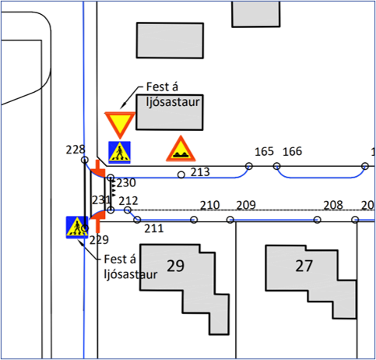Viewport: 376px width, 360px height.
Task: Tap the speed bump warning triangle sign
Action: point(181,150)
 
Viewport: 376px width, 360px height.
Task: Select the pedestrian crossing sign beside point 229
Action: point(77,227)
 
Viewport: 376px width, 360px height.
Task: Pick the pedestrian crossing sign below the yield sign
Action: point(119,153)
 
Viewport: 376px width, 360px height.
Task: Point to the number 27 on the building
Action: point(304,266)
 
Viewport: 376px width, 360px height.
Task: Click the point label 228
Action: point(76,150)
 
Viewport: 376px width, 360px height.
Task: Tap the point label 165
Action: point(264,151)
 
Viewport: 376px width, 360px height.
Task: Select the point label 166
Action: point(292,151)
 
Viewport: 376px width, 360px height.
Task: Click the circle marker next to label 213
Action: point(181,175)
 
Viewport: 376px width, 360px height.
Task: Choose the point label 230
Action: point(126,183)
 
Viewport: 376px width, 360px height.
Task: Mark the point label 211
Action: point(154,228)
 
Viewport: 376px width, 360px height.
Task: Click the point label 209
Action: point(246,205)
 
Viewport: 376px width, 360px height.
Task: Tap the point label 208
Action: point(333,205)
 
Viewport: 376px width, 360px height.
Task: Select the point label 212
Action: point(128,201)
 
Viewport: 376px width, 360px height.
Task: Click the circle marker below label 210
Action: point(194,220)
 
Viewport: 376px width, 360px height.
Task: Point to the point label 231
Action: point(101,200)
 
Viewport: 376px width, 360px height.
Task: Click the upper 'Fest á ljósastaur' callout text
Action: point(173,94)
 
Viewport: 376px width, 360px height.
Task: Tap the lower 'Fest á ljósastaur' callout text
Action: point(131,266)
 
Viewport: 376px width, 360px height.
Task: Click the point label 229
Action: point(99,240)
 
